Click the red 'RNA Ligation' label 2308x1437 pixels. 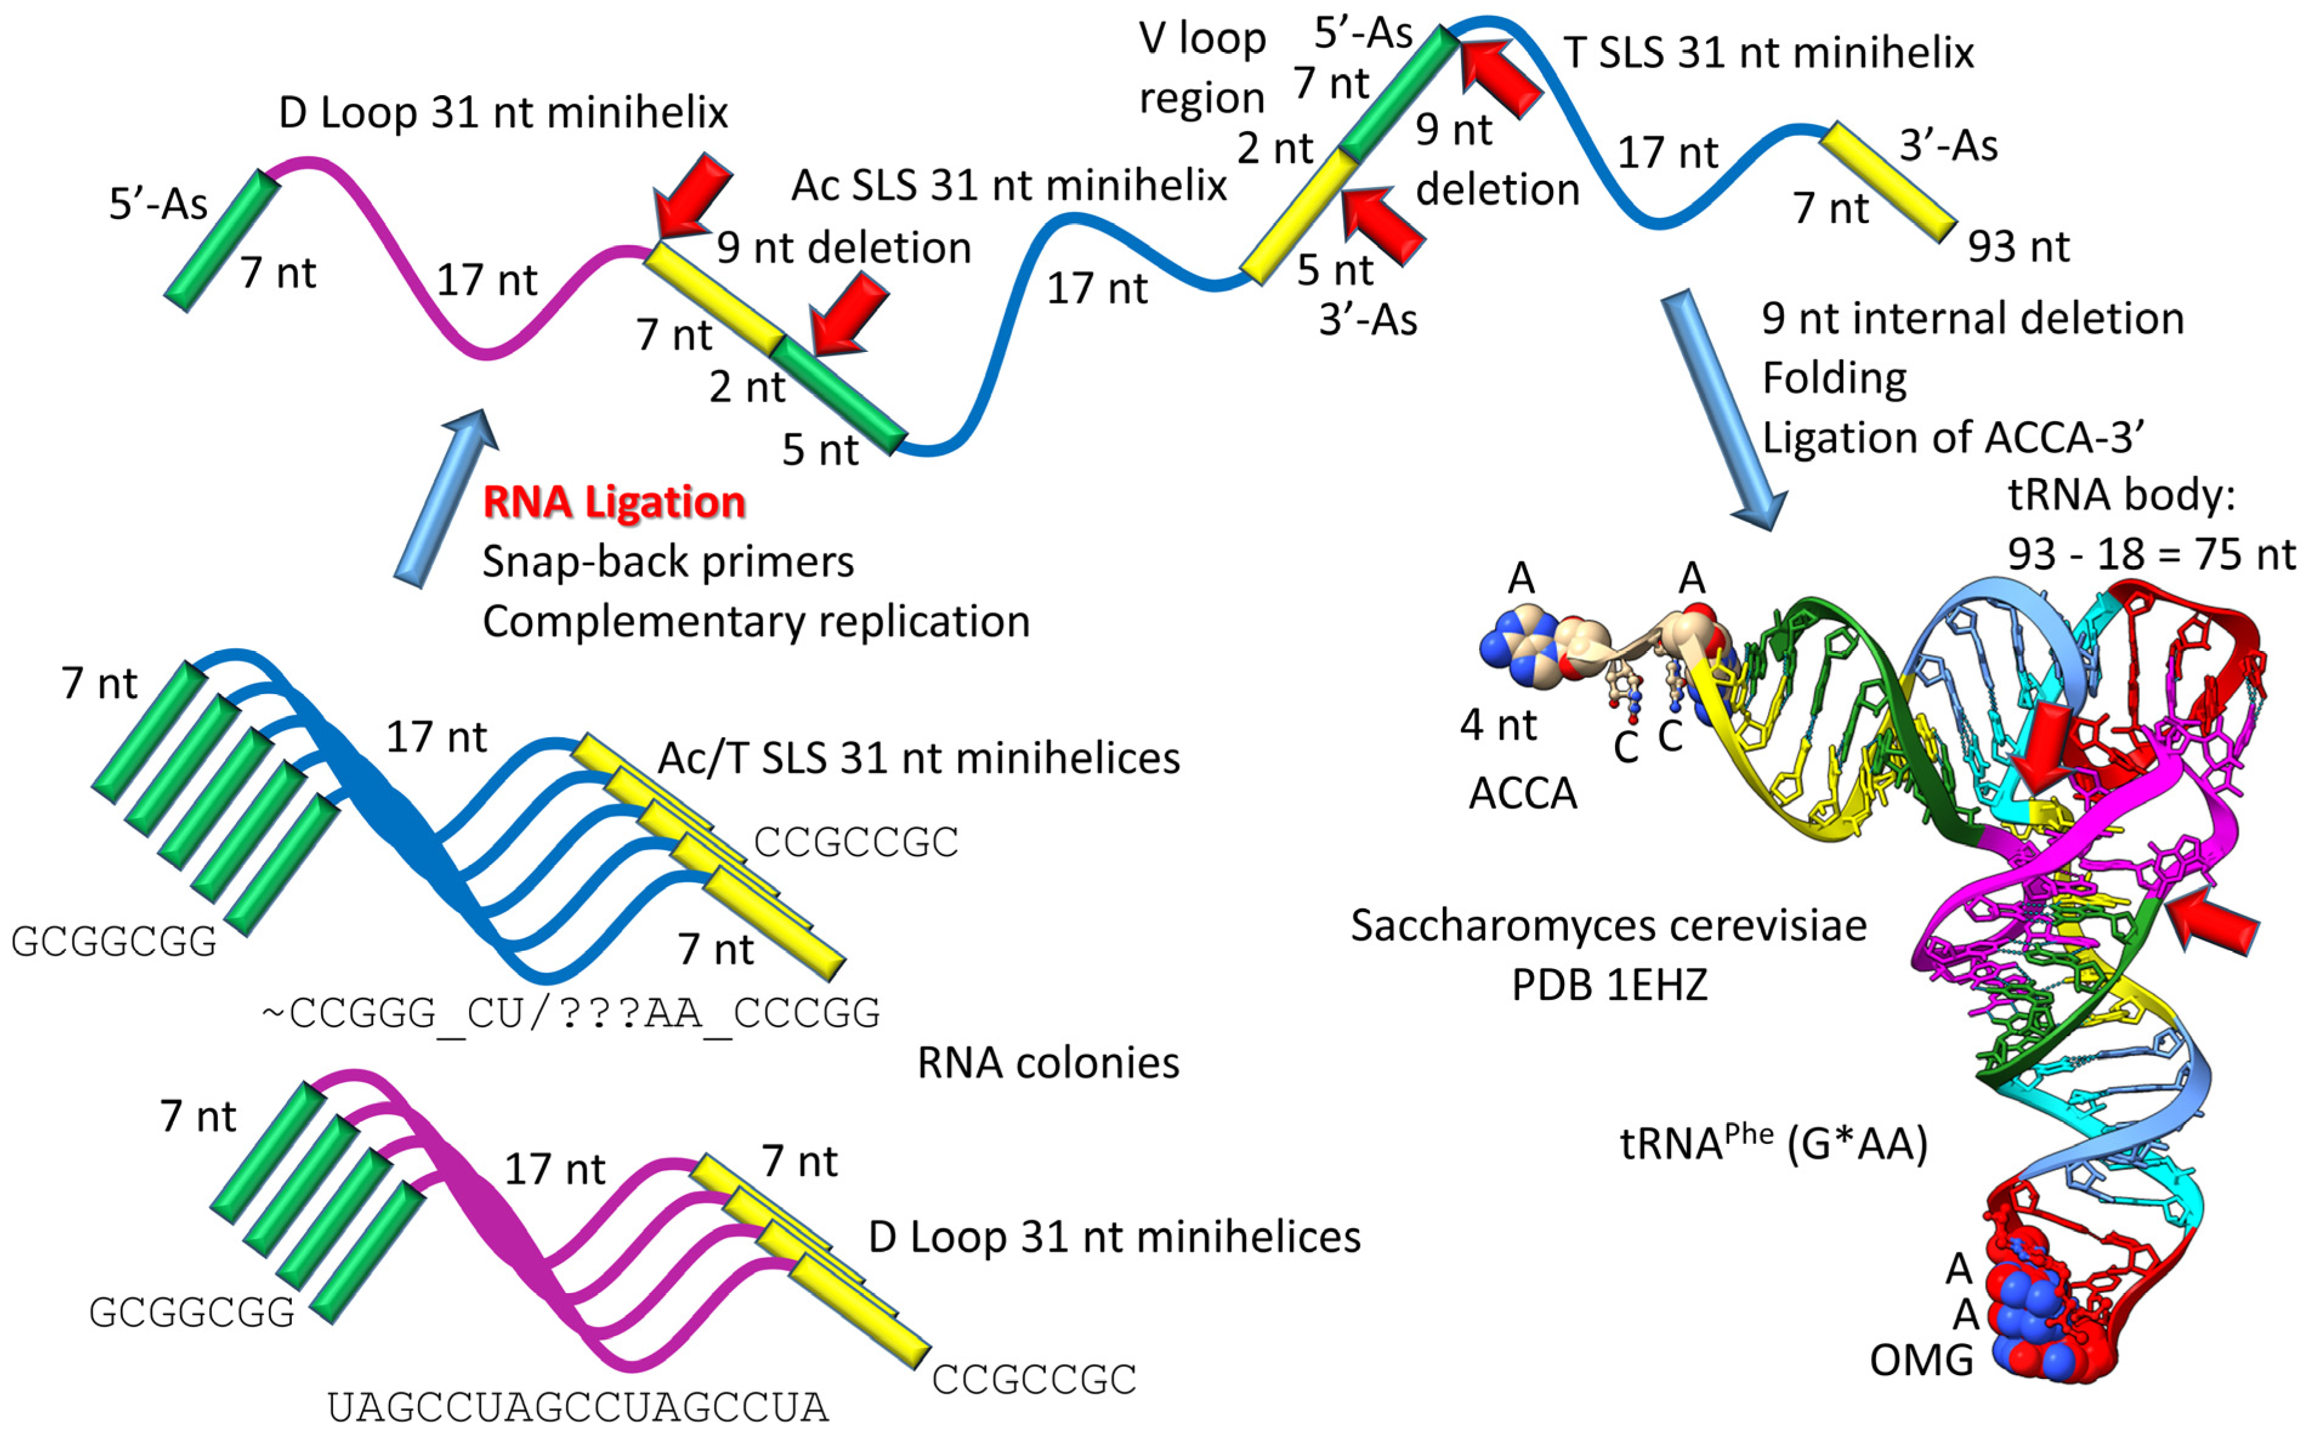614,502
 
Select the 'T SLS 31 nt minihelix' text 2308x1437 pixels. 1768,53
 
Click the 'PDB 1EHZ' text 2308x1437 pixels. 1608,986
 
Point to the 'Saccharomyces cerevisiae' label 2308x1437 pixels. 1608,925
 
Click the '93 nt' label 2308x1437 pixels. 2018,247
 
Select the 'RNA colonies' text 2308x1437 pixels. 1048,1063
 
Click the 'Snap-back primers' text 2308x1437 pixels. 668,562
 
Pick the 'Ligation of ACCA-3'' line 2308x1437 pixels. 1952,438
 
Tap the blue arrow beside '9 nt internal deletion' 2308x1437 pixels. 1722,408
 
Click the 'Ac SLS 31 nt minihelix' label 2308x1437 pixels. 1009,185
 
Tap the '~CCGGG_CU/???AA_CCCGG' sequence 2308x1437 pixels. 571,1014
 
